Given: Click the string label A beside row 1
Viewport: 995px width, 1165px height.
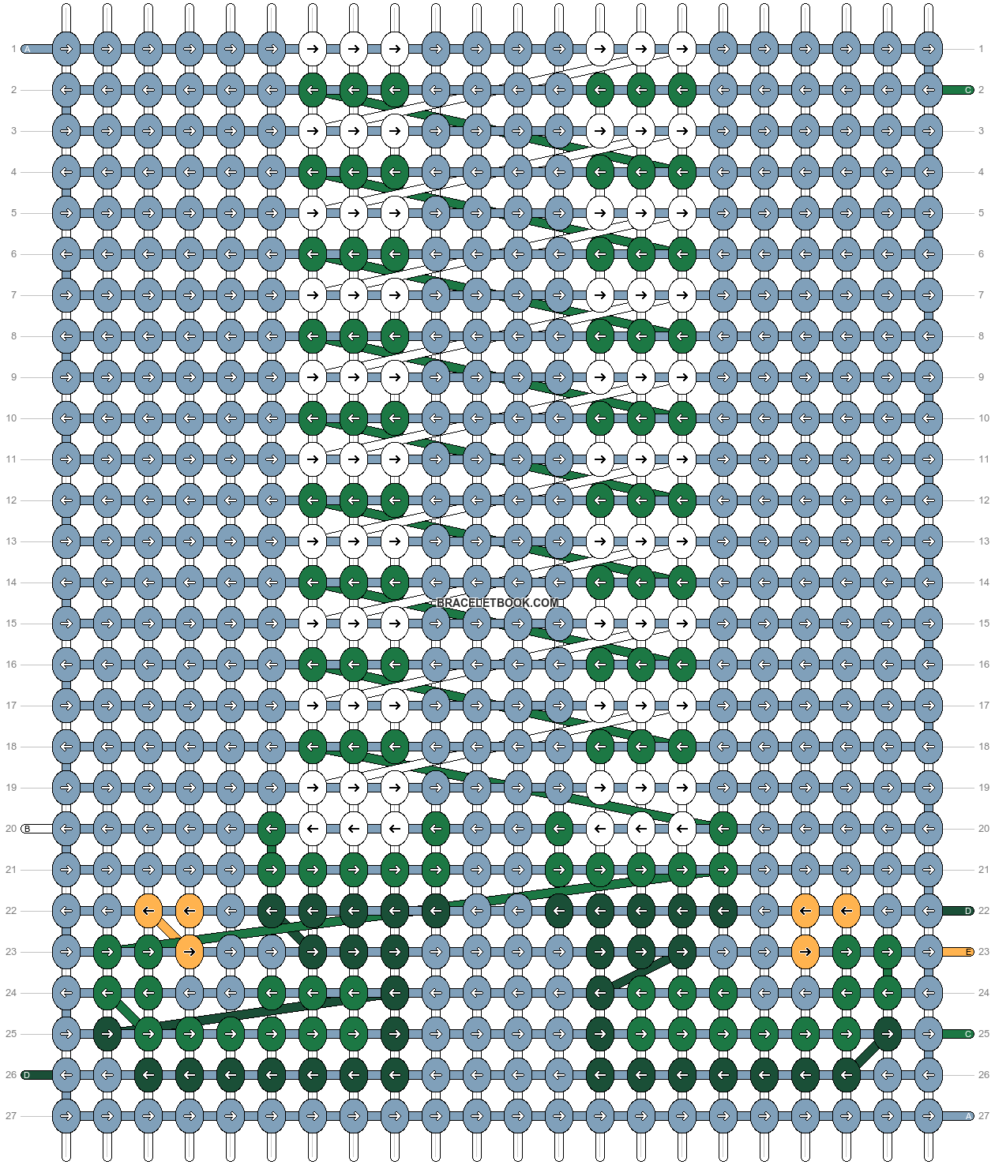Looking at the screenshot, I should click(28, 49).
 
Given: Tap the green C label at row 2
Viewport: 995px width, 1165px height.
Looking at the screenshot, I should click(967, 90).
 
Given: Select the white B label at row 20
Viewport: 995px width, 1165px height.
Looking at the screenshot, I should click(28, 829).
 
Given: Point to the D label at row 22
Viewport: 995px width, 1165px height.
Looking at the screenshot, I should click(967, 911).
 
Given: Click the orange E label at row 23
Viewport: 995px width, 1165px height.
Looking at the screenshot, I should click(967, 952).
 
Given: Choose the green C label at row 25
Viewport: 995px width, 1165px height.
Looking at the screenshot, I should click(967, 1034).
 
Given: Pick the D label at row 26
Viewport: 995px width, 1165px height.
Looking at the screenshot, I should click(28, 1075).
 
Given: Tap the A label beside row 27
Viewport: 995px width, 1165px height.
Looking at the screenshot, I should click(967, 1116).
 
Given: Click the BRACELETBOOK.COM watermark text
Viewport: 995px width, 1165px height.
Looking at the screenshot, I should click(497, 603).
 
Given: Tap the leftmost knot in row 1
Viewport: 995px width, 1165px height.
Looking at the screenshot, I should click(66, 49).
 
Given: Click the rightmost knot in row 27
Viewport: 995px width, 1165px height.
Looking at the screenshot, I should click(929, 1116).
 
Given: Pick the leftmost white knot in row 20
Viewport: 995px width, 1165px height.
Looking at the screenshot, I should click(313, 829).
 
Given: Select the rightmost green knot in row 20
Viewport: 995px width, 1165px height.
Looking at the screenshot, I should click(723, 829).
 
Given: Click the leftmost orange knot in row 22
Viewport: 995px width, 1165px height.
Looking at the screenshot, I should click(148, 911).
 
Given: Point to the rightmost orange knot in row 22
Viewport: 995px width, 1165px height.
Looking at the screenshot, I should click(847, 911).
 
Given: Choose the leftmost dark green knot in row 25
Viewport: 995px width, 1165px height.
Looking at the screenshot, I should click(107, 1034).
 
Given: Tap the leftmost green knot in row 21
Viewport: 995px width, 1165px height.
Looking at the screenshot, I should click(272, 870).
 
